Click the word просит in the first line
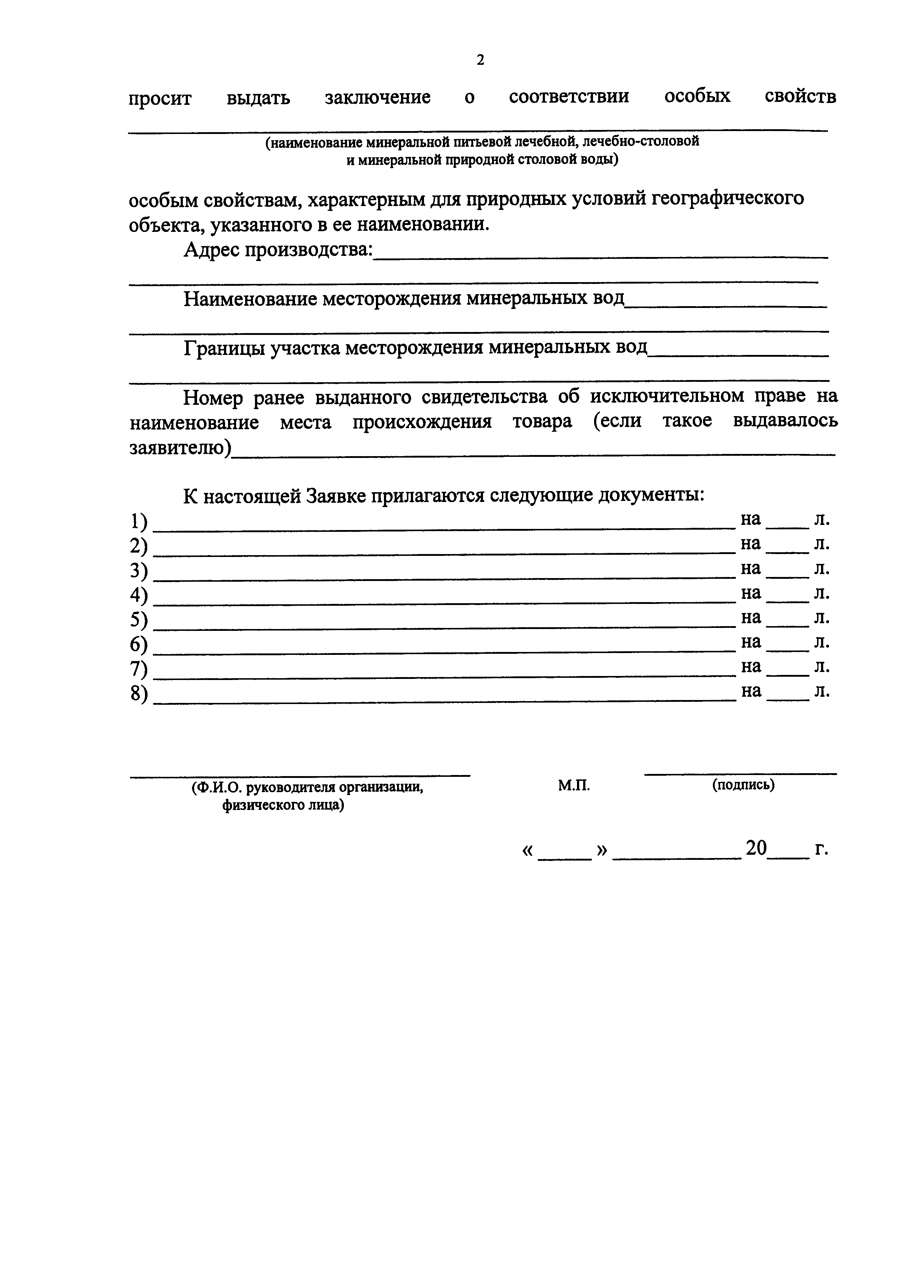(x=160, y=98)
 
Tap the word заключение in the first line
(x=377, y=97)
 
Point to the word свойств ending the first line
(x=800, y=97)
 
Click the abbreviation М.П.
(x=574, y=785)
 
